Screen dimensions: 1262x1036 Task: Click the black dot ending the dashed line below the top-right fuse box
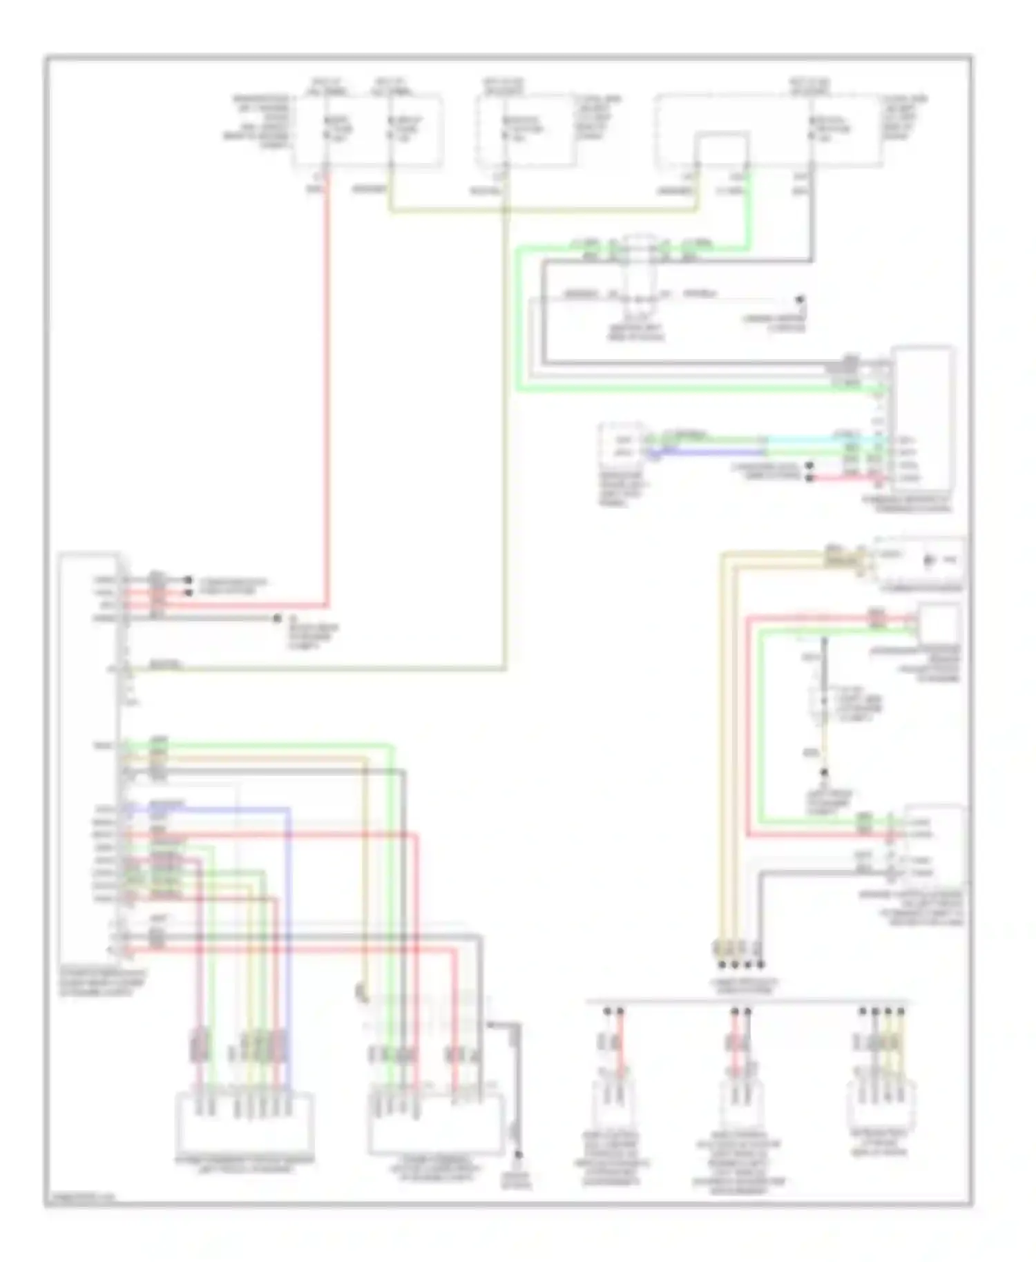[800, 300]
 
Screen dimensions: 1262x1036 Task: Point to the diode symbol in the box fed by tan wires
[928, 560]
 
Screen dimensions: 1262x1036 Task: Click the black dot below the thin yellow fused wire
[823, 774]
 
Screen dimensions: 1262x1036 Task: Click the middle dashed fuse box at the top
[526, 131]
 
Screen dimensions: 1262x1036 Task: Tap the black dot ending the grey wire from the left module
[277, 619]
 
